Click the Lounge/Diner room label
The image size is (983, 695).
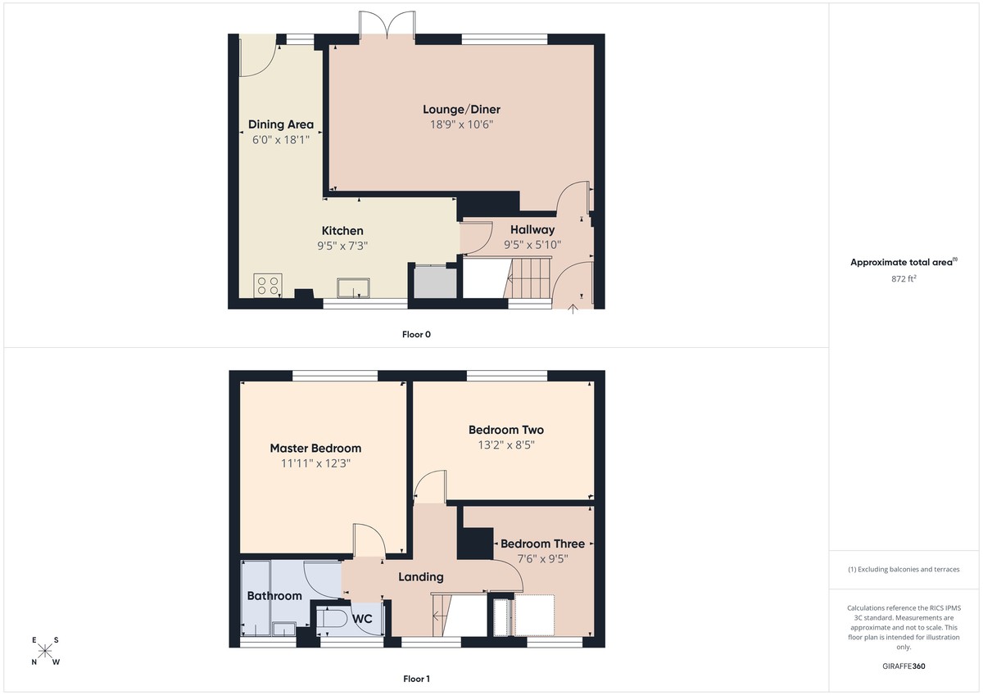coord(461,110)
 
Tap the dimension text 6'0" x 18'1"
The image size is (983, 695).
coord(281,140)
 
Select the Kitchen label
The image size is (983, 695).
coord(342,231)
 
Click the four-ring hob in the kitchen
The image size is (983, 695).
coord(268,286)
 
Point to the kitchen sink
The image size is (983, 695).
coord(353,287)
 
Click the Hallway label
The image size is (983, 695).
coord(532,230)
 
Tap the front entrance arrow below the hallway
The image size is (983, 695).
coord(572,308)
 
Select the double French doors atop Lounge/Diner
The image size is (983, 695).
coord(387,24)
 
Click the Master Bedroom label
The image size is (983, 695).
coord(315,448)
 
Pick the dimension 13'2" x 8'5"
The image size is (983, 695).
coord(505,445)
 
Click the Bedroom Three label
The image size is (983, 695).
coord(542,544)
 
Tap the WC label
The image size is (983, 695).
coord(362,620)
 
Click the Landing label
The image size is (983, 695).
coord(421,577)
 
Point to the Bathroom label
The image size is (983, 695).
coord(274,596)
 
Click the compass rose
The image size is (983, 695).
coord(45,651)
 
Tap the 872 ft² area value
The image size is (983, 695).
coord(904,279)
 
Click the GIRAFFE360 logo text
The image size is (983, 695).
coord(904,666)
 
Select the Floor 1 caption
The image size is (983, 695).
coord(416,679)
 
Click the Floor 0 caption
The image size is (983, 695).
coord(416,334)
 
